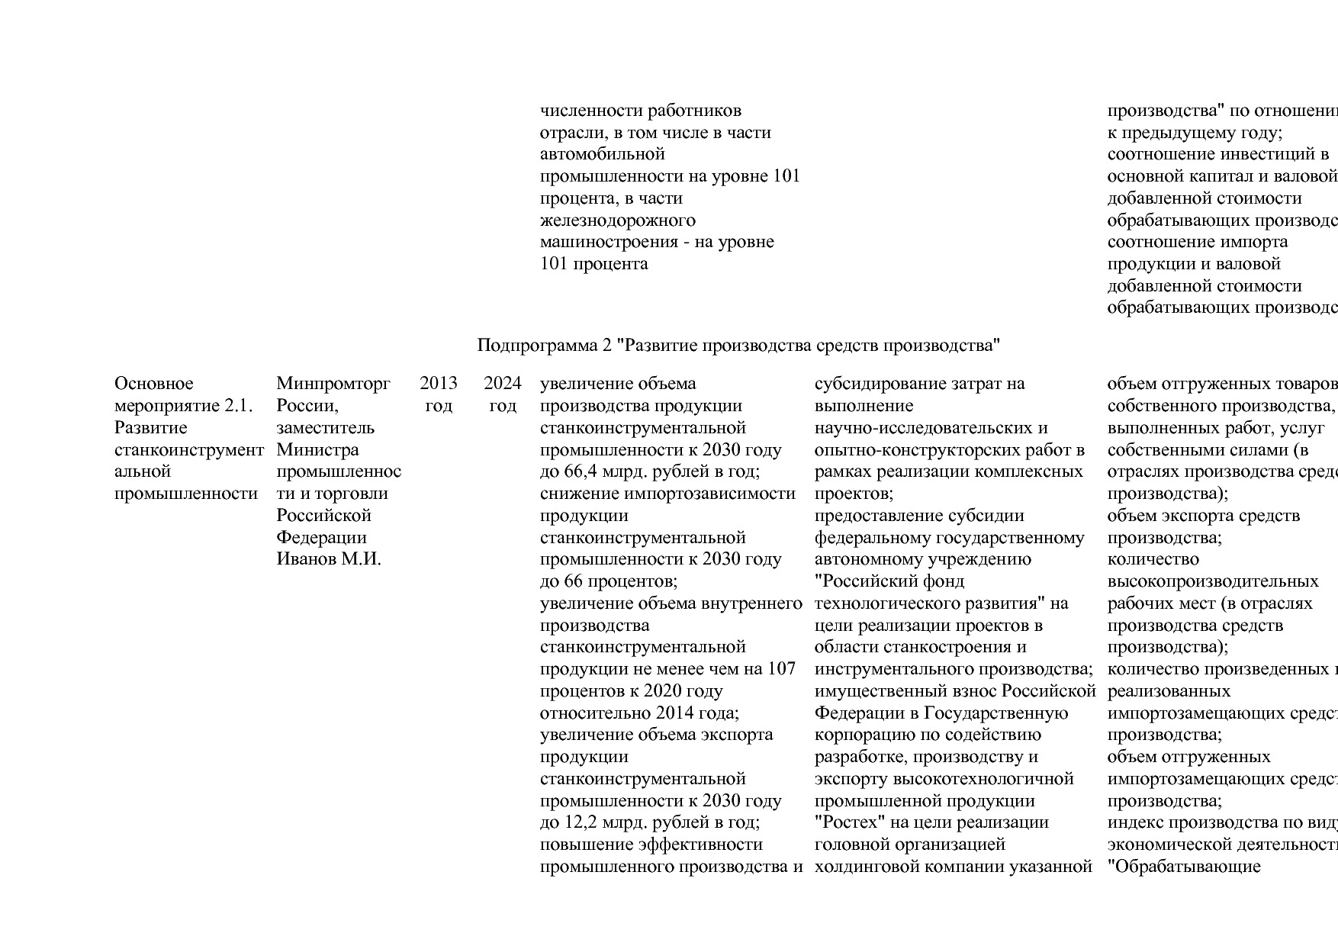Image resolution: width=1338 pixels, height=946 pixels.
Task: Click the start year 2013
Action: coord(439,383)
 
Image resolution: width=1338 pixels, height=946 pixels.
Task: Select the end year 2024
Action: coord(503,383)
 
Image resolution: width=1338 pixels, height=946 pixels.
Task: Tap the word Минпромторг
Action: coord(333,383)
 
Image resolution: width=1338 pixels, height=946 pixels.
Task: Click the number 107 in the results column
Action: coord(781,669)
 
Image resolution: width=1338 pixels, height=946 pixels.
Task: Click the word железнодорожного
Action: coord(617,220)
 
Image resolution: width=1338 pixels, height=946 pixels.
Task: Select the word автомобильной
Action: coord(602,154)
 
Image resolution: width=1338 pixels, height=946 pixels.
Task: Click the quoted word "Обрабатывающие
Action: coord(1183,867)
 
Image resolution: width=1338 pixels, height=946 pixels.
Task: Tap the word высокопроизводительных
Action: coord(1212,581)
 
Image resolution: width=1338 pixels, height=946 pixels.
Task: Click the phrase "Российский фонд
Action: coord(889,581)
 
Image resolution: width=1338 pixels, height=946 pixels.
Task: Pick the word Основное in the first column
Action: coord(153,383)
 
